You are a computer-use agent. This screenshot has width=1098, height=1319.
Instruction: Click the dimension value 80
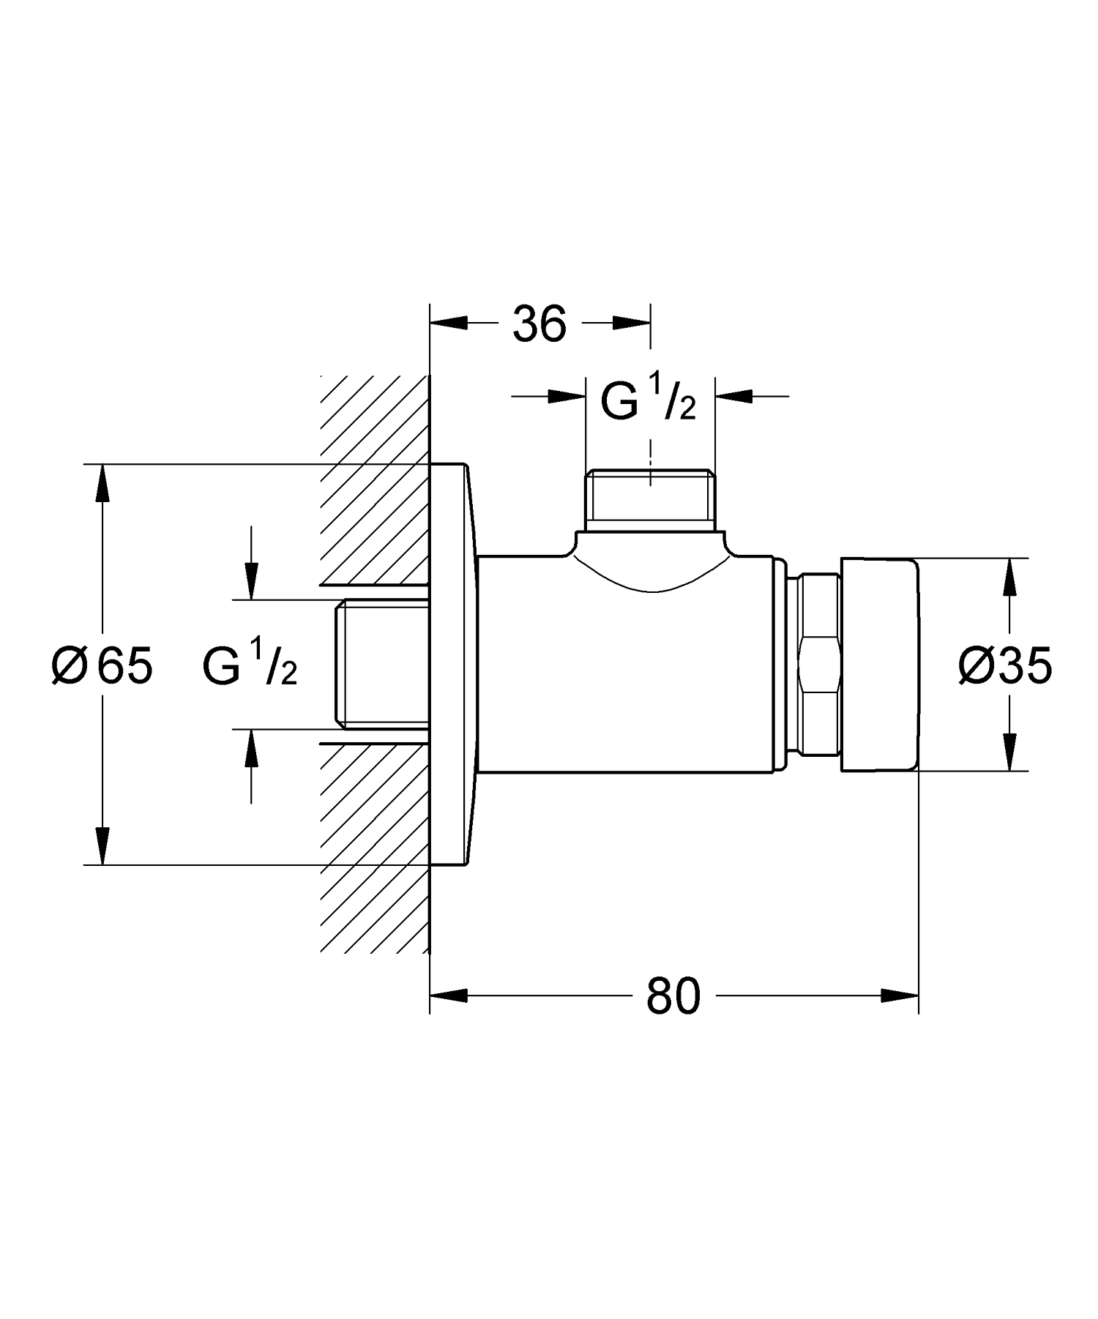(673, 996)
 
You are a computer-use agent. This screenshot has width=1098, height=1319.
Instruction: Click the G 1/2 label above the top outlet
(647, 400)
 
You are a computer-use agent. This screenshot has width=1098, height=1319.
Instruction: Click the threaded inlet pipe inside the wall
(381, 665)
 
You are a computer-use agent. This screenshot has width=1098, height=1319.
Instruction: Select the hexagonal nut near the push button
(818, 665)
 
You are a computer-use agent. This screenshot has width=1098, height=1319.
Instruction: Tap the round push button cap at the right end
(878, 665)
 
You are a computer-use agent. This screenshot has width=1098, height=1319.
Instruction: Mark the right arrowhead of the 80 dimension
(900, 995)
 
